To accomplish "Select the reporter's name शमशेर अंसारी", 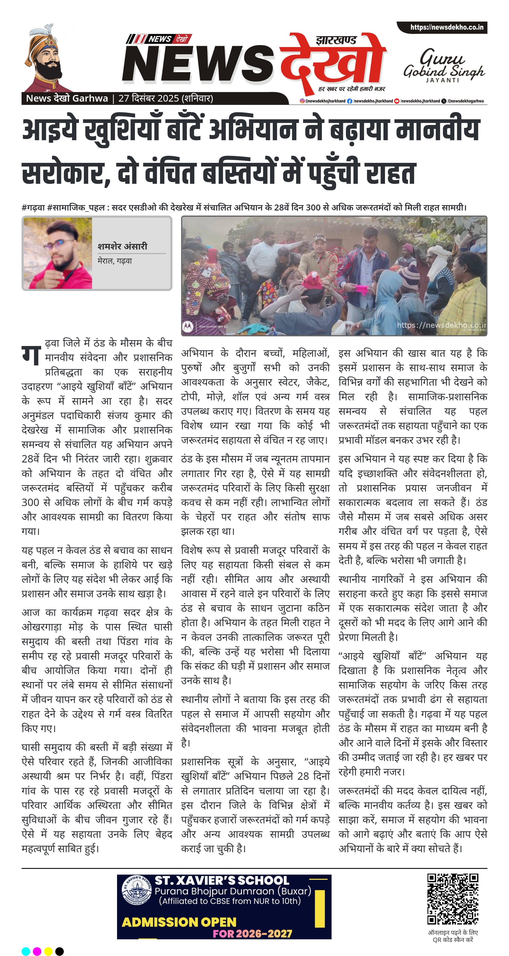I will tap(123, 246).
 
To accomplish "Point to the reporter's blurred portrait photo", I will tap(58, 253).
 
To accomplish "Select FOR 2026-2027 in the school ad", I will tap(252, 933).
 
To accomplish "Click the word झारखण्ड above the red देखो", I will tap(336, 40).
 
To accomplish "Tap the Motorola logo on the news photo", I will tap(188, 327).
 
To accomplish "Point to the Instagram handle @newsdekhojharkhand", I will tap(323, 101).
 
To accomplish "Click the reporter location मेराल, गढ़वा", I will tap(115, 261).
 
